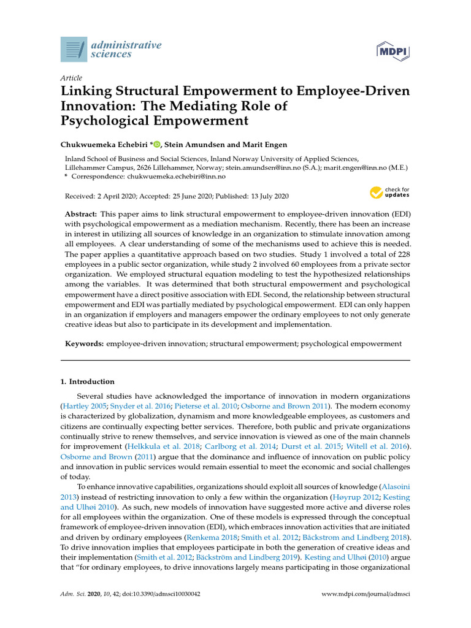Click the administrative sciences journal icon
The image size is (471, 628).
point(74,49)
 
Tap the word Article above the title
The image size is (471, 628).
point(71,78)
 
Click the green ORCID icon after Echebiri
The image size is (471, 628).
point(156,144)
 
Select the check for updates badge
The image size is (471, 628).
point(389,193)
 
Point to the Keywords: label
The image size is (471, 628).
point(84,344)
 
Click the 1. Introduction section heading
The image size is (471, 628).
point(87,381)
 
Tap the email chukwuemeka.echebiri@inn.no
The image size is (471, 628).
point(177,176)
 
